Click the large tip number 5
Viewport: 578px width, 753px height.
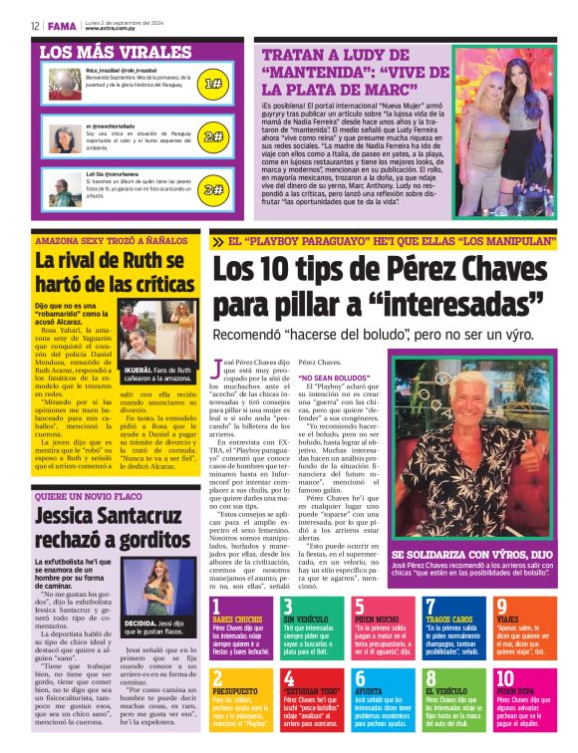point(361,608)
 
